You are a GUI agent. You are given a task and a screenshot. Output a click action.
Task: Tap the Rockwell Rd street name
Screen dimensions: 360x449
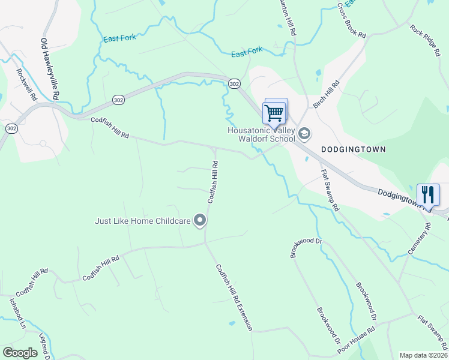tap(27, 84)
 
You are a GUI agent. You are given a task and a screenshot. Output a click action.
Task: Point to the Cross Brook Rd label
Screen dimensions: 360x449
tap(351, 21)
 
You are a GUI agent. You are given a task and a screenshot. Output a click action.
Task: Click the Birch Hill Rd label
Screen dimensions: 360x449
tap(327, 94)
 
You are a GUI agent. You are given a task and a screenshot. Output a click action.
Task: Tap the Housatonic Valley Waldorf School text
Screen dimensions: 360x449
tap(261, 134)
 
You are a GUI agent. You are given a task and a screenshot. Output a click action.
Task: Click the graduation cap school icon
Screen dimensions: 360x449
tap(304, 134)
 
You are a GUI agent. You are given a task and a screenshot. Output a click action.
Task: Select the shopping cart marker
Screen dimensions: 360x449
tap(274, 111)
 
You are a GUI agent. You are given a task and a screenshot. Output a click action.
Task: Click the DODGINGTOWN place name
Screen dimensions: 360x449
tap(352, 149)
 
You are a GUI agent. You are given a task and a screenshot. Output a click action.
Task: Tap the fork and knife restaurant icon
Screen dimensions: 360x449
tap(428, 194)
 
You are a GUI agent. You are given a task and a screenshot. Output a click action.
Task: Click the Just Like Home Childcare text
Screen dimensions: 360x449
tap(143, 221)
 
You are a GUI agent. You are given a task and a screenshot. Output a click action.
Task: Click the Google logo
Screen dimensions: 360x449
tap(20, 353)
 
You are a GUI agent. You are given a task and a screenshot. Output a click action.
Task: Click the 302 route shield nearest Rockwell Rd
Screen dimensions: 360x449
tap(11, 128)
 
